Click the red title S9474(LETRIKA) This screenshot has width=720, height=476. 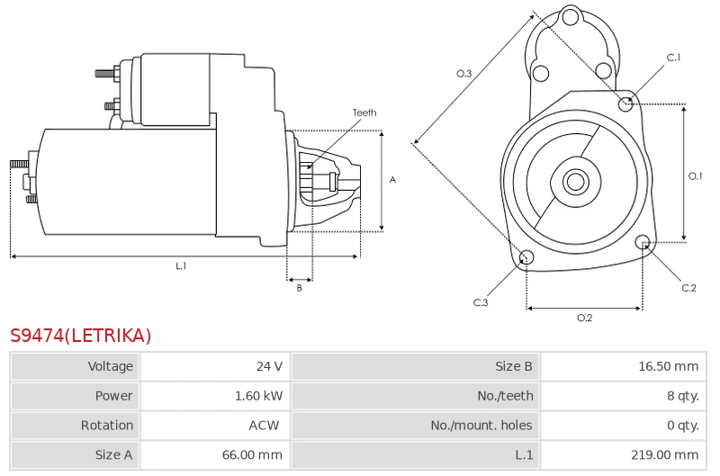80,336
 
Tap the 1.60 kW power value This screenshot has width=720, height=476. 258,396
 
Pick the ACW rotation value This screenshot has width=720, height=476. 264,425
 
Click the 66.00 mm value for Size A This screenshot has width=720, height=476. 252,455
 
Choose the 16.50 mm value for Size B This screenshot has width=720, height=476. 668,366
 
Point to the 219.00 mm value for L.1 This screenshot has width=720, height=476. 664,455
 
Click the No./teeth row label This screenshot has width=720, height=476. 505,396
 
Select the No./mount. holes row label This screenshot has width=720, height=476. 481,425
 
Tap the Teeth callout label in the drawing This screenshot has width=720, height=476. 364,112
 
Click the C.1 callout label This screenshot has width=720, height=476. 673,58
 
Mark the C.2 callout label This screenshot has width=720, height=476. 688,288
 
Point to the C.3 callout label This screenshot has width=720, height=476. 481,302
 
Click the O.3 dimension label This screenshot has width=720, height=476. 463,74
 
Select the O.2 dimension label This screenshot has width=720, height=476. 584,318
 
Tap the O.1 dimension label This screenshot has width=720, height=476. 695,175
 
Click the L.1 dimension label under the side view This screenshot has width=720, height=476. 181,265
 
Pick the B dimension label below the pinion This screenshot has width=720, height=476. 300,288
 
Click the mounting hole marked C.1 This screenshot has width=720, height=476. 625,104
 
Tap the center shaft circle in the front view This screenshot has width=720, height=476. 576,181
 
